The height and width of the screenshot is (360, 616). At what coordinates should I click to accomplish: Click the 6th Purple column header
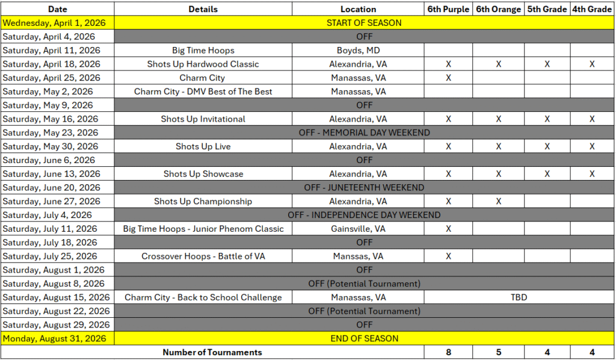click(x=448, y=9)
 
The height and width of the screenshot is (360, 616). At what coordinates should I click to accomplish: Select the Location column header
click(x=358, y=9)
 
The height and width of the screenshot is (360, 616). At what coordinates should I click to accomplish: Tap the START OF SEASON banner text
click(x=364, y=23)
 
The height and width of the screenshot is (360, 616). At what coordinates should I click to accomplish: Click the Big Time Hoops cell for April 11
click(x=203, y=51)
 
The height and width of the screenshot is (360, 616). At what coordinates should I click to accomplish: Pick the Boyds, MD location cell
click(x=358, y=51)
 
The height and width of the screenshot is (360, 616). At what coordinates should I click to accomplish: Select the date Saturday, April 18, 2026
click(x=52, y=64)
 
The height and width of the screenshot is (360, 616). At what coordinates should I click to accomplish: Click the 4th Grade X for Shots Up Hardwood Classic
click(x=592, y=64)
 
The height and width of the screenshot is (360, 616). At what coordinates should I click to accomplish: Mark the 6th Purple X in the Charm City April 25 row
click(x=448, y=78)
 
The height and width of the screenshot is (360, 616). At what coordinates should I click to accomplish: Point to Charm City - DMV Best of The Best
click(x=203, y=92)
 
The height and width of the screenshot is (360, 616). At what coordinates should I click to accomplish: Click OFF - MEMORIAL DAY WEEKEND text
click(x=364, y=133)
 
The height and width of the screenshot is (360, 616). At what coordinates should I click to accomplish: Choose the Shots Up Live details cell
click(x=203, y=147)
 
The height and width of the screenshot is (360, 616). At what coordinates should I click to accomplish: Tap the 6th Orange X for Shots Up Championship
click(x=498, y=202)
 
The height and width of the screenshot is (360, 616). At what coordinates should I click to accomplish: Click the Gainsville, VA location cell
click(x=358, y=229)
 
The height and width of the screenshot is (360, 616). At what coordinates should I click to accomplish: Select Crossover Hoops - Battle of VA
click(x=203, y=256)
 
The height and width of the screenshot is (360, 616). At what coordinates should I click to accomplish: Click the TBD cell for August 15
click(x=519, y=297)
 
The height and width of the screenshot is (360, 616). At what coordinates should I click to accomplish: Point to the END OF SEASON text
click(x=364, y=339)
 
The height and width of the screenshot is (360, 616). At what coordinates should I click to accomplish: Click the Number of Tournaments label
click(x=212, y=353)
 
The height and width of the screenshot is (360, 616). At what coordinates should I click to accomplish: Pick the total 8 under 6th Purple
click(x=448, y=353)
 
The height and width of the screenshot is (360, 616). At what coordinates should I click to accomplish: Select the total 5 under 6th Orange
click(x=498, y=353)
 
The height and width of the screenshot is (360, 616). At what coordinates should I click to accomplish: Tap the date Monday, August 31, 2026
click(x=55, y=339)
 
